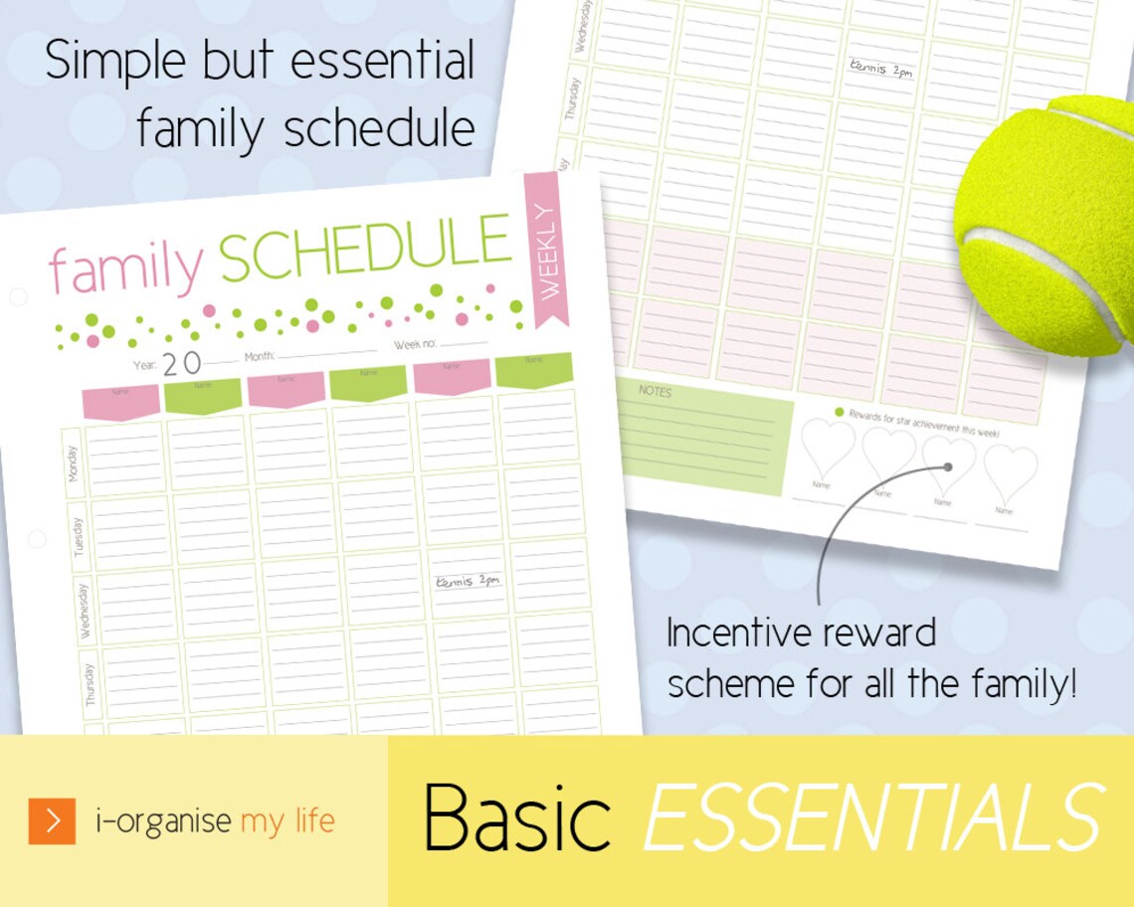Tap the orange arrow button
[52, 820]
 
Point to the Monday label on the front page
[73, 462]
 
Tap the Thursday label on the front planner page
[91, 683]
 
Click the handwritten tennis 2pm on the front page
[468, 581]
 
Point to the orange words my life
[287, 821]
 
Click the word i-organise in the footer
[164, 821]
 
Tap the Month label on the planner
[260, 355]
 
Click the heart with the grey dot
[947, 459]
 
